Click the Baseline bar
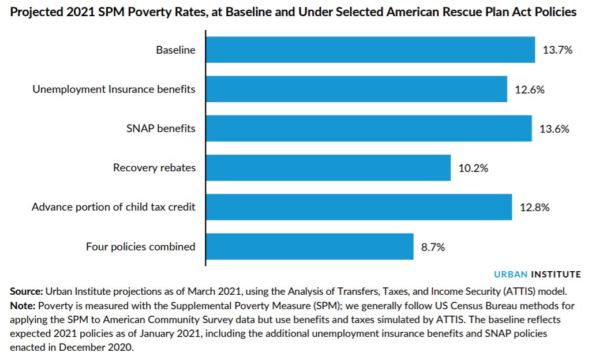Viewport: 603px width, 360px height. point(370,50)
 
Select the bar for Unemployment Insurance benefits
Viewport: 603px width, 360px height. point(357,89)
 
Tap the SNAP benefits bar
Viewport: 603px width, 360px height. point(369,129)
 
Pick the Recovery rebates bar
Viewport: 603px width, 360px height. point(328,168)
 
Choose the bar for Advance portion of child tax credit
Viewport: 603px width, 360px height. point(359,207)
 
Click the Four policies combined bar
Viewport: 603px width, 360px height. point(310,246)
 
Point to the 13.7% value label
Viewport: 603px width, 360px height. point(557,50)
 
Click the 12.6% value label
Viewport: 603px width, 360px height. point(529,89)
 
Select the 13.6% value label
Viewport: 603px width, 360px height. point(554,129)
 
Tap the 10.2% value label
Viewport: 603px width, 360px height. point(473,168)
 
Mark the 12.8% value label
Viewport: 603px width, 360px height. point(534,207)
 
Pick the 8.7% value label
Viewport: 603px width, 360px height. point(433,246)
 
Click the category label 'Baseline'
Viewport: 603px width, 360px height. point(175,50)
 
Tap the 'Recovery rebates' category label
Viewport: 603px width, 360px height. point(154,168)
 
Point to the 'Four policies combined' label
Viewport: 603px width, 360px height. point(140,246)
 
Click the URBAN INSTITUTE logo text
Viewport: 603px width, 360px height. point(537,274)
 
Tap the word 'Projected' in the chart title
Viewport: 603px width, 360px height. point(37,12)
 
